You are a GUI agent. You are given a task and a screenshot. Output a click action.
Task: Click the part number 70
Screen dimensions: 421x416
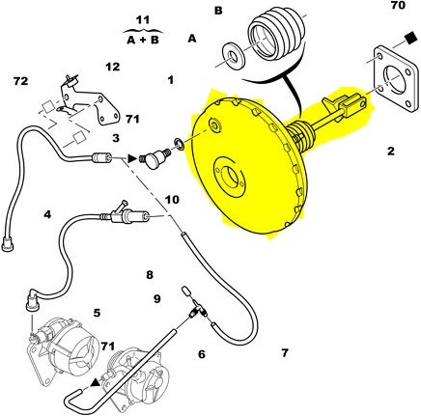tap(398, 5)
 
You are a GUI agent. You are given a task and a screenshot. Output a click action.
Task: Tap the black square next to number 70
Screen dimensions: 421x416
tap(410, 39)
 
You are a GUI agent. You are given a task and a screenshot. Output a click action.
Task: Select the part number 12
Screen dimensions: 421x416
tap(113, 67)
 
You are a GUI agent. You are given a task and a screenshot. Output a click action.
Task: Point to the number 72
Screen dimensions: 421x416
tap(21, 81)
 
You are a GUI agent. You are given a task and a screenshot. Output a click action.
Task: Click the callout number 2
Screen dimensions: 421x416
tap(390, 151)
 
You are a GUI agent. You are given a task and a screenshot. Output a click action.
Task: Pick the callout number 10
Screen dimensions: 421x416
tap(172, 200)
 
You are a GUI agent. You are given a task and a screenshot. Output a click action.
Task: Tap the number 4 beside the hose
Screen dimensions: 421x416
tap(47, 214)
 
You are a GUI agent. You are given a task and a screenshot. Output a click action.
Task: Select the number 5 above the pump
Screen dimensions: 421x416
tap(98, 313)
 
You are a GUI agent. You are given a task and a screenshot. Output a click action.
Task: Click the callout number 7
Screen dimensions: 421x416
tap(285, 352)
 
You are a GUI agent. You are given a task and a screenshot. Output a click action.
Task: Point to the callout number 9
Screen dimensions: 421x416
tap(156, 299)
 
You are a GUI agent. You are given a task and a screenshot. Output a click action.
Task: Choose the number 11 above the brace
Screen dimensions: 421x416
tap(143, 20)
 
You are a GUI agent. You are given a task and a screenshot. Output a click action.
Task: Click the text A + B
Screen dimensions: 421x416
tap(143, 41)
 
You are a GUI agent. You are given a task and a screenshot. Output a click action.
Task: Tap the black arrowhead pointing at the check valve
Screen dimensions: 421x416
tap(131, 158)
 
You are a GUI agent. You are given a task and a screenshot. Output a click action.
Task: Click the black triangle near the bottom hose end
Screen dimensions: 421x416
tap(95, 382)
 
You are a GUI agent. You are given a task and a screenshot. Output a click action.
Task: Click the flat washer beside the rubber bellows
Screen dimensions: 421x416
tap(234, 55)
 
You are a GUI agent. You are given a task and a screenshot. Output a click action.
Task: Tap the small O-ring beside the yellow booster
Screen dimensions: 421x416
tap(180, 144)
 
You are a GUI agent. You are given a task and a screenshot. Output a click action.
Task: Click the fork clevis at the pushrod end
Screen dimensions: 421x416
tap(353, 103)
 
